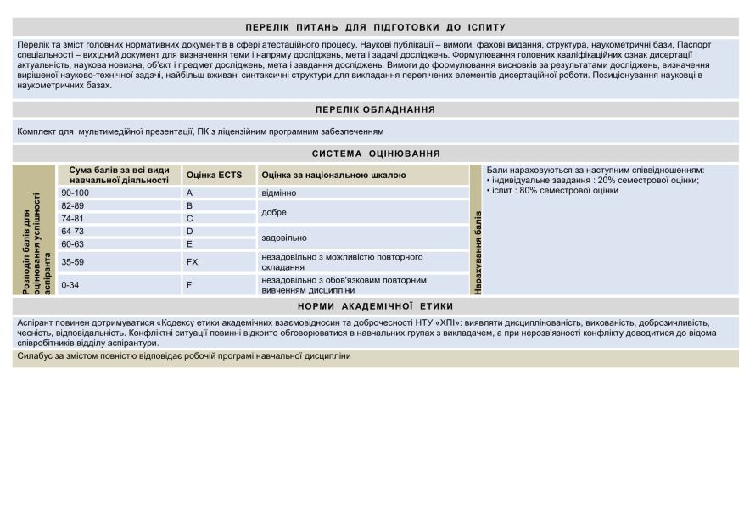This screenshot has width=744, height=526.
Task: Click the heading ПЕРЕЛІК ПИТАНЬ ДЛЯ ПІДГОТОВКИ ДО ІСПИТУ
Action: point(375,27)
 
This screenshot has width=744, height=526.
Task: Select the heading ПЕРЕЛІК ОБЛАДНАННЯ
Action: point(375,109)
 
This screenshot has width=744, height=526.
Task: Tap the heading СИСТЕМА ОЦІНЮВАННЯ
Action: point(375,154)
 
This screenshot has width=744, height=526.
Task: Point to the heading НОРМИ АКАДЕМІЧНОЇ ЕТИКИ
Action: point(375,306)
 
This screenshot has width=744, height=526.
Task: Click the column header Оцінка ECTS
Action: point(214,176)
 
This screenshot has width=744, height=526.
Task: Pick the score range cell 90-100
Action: point(76,193)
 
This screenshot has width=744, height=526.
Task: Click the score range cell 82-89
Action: point(73,206)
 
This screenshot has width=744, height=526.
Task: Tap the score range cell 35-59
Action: point(73,262)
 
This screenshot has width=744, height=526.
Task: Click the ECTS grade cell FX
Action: point(192,262)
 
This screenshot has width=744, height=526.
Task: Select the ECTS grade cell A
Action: point(189,193)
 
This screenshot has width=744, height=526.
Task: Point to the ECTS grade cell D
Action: point(190,232)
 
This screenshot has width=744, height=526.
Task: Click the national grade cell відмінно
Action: point(279,193)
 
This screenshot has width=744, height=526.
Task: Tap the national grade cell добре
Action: point(275,212)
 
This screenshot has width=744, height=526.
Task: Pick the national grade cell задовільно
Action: point(284,238)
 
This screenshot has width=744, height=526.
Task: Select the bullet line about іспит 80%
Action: point(552,191)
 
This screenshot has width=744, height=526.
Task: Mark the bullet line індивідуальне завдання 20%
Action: point(593,180)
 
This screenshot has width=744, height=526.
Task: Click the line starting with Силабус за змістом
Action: point(184,356)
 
